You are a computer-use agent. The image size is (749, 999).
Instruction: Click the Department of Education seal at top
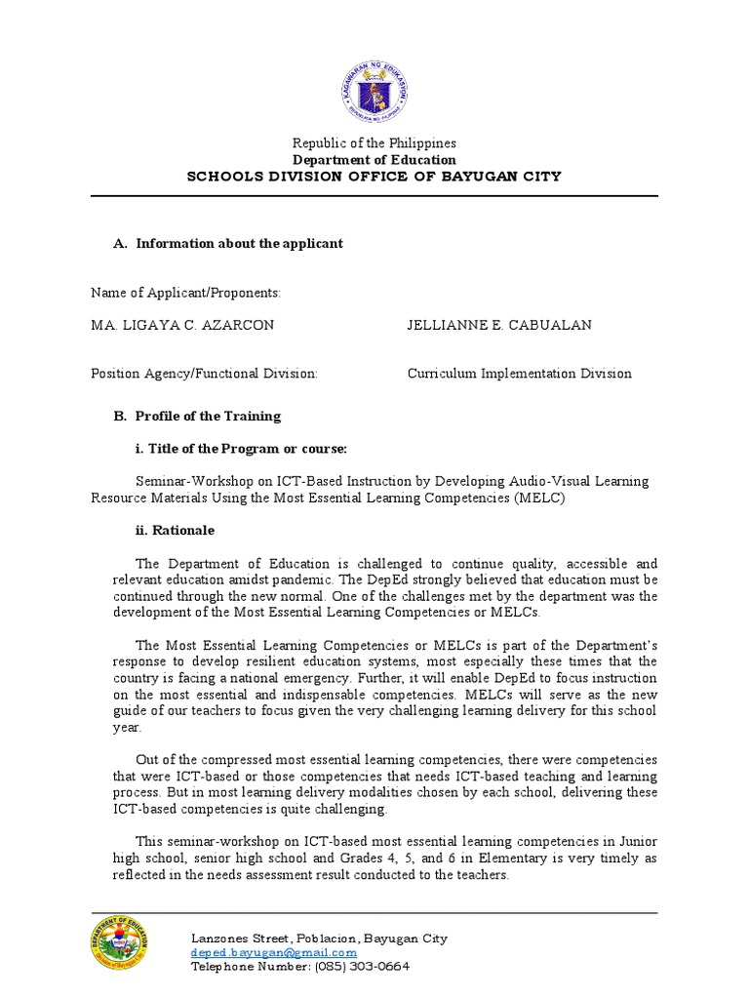(374, 94)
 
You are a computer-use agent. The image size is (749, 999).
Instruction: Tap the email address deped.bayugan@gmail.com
(274, 952)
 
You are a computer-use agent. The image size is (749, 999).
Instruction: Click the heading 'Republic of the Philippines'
(374, 143)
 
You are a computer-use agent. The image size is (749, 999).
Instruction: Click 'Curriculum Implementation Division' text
(519, 374)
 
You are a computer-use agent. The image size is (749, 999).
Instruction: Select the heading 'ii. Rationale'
(175, 530)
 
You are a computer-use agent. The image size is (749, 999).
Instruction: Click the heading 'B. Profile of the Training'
(197, 416)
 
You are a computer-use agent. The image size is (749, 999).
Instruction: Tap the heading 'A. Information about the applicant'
(228, 243)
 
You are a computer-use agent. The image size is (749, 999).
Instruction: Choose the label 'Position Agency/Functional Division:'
(204, 374)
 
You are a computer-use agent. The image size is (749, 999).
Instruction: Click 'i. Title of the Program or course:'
(241, 449)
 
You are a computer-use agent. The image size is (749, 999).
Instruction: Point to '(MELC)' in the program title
(539, 498)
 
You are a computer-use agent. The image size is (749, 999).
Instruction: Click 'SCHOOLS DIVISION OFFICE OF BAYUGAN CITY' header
(374, 177)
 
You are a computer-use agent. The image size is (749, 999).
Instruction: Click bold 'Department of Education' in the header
(374, 160)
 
